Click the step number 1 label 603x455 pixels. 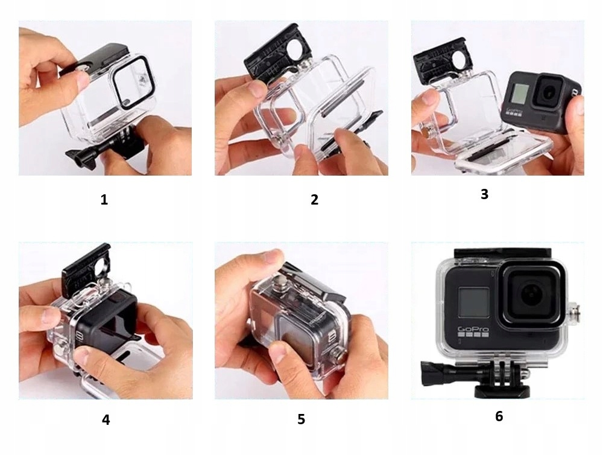(104, 199)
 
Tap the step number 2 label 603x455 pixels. (315, 199)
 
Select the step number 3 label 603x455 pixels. (485, 194)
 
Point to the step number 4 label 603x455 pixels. (106, 419)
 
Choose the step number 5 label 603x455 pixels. (301, 419)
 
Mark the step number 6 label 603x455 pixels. (499, 416)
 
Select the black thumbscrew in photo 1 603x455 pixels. (81, 157)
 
